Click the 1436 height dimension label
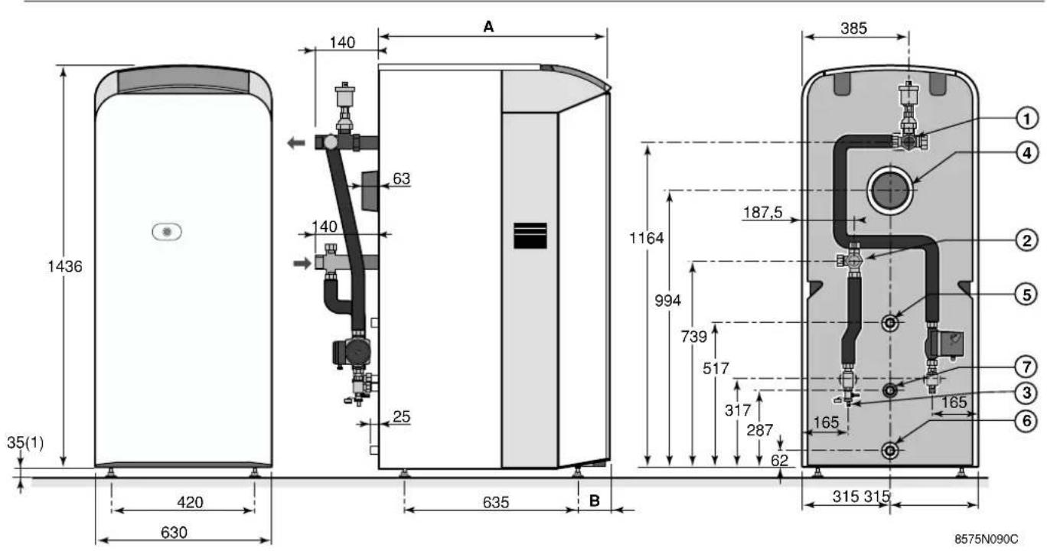coord(65,266)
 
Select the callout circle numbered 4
coord(1026,153)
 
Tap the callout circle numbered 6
coord(1026,421)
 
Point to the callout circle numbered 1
coord(1026,119)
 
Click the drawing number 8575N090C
coord(986,539)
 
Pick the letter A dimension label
coord(488,27)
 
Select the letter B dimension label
coord(594,501)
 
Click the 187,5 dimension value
coord(763,213)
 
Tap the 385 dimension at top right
coord(854,28)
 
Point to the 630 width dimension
coord(174,533)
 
